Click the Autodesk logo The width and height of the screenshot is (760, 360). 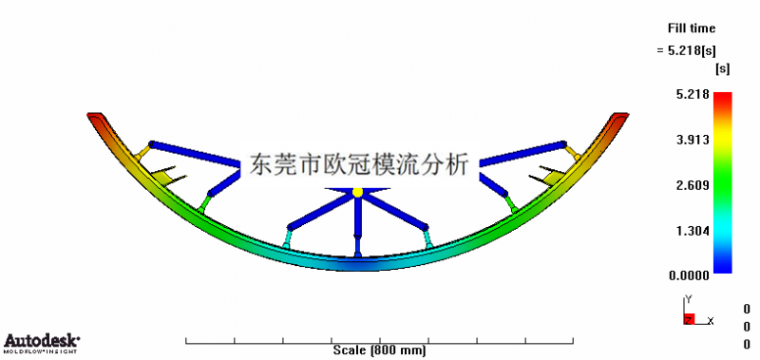(42, 342)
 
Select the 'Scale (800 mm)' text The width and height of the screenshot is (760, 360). (380, 350)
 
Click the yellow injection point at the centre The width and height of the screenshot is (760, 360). (357, 193)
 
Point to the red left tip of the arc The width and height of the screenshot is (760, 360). (96, 118)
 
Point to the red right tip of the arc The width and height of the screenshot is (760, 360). (618, 118)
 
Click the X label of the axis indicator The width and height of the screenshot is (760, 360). (711, 321)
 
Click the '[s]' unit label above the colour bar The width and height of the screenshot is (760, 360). (722, 69)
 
